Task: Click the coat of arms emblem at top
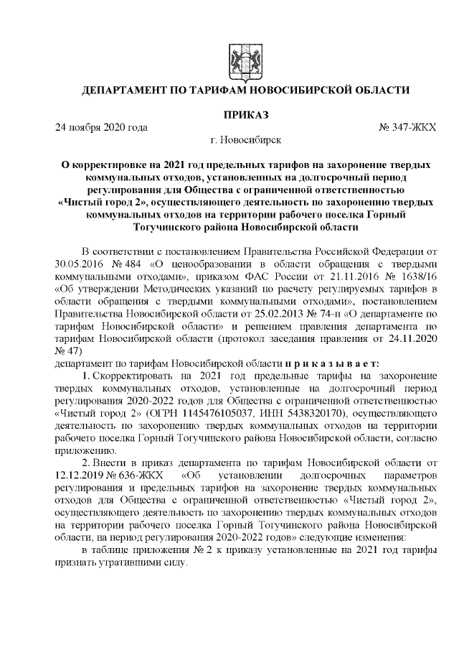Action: [x=238, y=60]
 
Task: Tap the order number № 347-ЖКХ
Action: [x=405, y=127]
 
